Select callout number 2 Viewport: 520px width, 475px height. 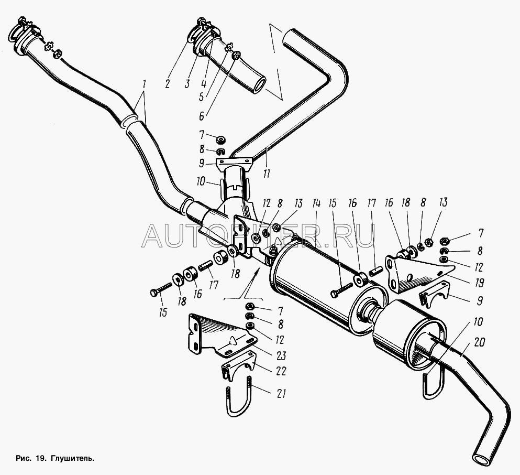(x=168, y=84)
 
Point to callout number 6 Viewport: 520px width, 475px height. (x=201, y=116)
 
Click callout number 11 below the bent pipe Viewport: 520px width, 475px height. (x=267, y=173)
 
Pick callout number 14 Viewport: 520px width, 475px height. (x=316, y=203)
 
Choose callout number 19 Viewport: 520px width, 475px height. (x=479, y=283)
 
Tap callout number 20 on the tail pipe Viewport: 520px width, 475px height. (x=480, y=342)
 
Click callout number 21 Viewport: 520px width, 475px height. (x=281, y=394)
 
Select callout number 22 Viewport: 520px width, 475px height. (x=281, y=371)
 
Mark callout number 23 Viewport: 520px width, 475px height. (x=281, y=355)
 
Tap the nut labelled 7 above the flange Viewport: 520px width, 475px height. (x=220, y=139)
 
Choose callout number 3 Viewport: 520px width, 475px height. (x=187, y=84)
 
